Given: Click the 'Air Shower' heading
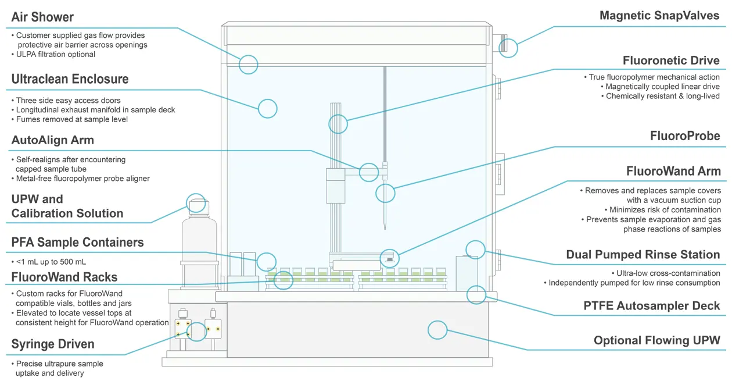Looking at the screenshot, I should coord(42,17).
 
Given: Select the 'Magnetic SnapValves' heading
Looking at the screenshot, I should coord(659,16).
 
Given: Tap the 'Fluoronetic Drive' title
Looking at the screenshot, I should coord(671,60).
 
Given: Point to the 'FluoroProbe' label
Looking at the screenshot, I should coord(685,136).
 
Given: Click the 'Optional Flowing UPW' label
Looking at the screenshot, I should coord(656,340).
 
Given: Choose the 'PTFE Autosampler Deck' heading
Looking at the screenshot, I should coord(651,306).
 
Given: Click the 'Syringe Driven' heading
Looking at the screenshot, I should coord(53,344).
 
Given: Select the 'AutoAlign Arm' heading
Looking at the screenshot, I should coord(52,140).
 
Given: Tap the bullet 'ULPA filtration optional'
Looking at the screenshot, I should coord(56,55).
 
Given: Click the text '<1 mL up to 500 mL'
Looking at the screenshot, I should coord(51,262).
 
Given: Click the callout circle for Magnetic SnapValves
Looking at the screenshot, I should coord(508,48).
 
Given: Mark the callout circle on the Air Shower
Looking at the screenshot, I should coord(249,65).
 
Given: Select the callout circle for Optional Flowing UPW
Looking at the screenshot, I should coord(437,330).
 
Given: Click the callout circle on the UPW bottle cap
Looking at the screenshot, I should coord(196,202).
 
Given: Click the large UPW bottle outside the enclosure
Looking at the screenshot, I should coord(199,244).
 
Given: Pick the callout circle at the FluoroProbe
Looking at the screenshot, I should coord(385,193).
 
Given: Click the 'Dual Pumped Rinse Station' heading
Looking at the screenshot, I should coord(643,255).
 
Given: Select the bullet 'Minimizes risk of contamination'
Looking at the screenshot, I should coord(665,210).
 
